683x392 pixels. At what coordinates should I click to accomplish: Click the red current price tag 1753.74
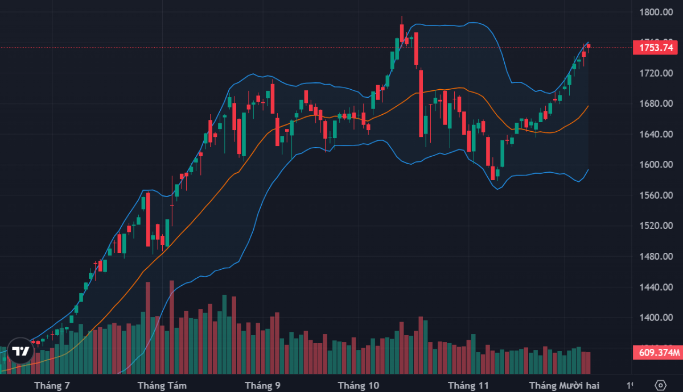pos(657,48)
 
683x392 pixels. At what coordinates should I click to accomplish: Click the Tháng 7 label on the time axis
pos(52,385)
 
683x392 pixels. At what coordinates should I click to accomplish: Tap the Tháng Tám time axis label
pos(159,385)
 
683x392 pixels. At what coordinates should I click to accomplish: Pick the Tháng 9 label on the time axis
pos(262,385)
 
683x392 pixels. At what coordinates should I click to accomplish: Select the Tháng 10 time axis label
pos(359,385)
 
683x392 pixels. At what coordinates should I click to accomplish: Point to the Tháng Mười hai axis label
pos(564,385)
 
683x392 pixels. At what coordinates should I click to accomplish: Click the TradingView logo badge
pos(21,352)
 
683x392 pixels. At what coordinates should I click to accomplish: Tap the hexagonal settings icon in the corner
pos(660,385)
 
